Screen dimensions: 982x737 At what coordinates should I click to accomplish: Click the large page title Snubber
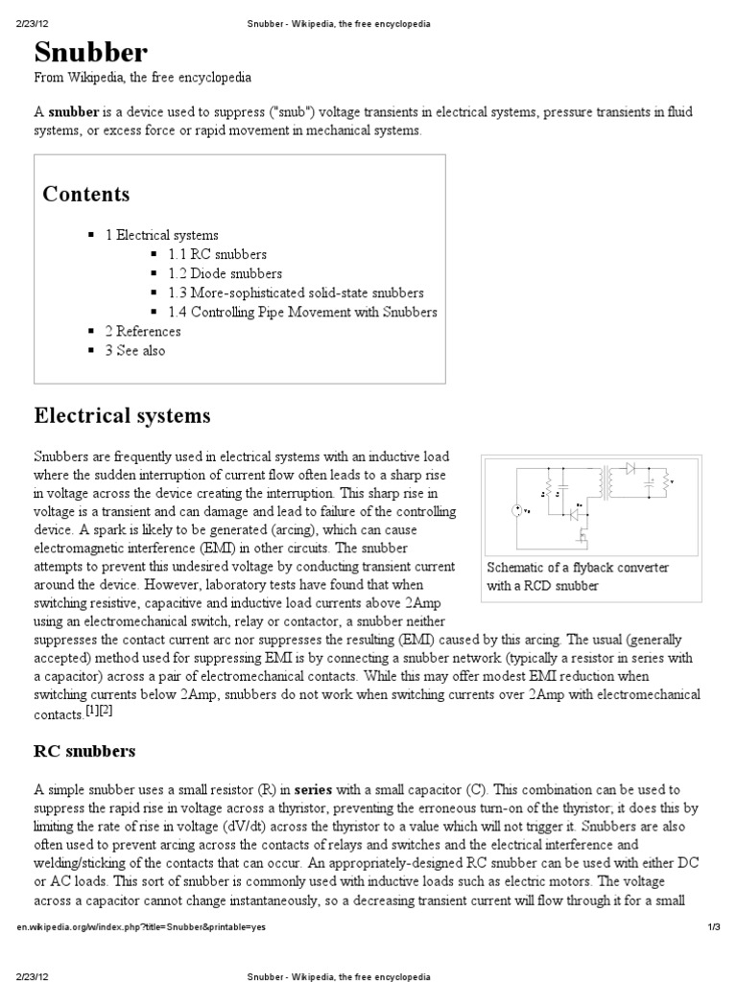(91, 52)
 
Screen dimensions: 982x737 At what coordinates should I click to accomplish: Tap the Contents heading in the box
(86, 195)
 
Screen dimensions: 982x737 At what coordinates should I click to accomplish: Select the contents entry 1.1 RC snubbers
(217, 254)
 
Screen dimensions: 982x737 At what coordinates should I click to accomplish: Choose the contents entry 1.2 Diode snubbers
(225, 273)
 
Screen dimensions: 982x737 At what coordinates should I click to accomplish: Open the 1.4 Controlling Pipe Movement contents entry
(302, 312)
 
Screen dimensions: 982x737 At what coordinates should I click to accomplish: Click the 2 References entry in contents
(142, 331)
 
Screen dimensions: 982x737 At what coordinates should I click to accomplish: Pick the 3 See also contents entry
(134, 350)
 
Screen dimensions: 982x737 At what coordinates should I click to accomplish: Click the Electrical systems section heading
(122, 416)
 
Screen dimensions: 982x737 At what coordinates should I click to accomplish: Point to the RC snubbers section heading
(85, 750)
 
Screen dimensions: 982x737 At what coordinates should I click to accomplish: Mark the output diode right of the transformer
(630, 469)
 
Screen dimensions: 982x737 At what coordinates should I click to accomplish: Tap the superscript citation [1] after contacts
(92, 712)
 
